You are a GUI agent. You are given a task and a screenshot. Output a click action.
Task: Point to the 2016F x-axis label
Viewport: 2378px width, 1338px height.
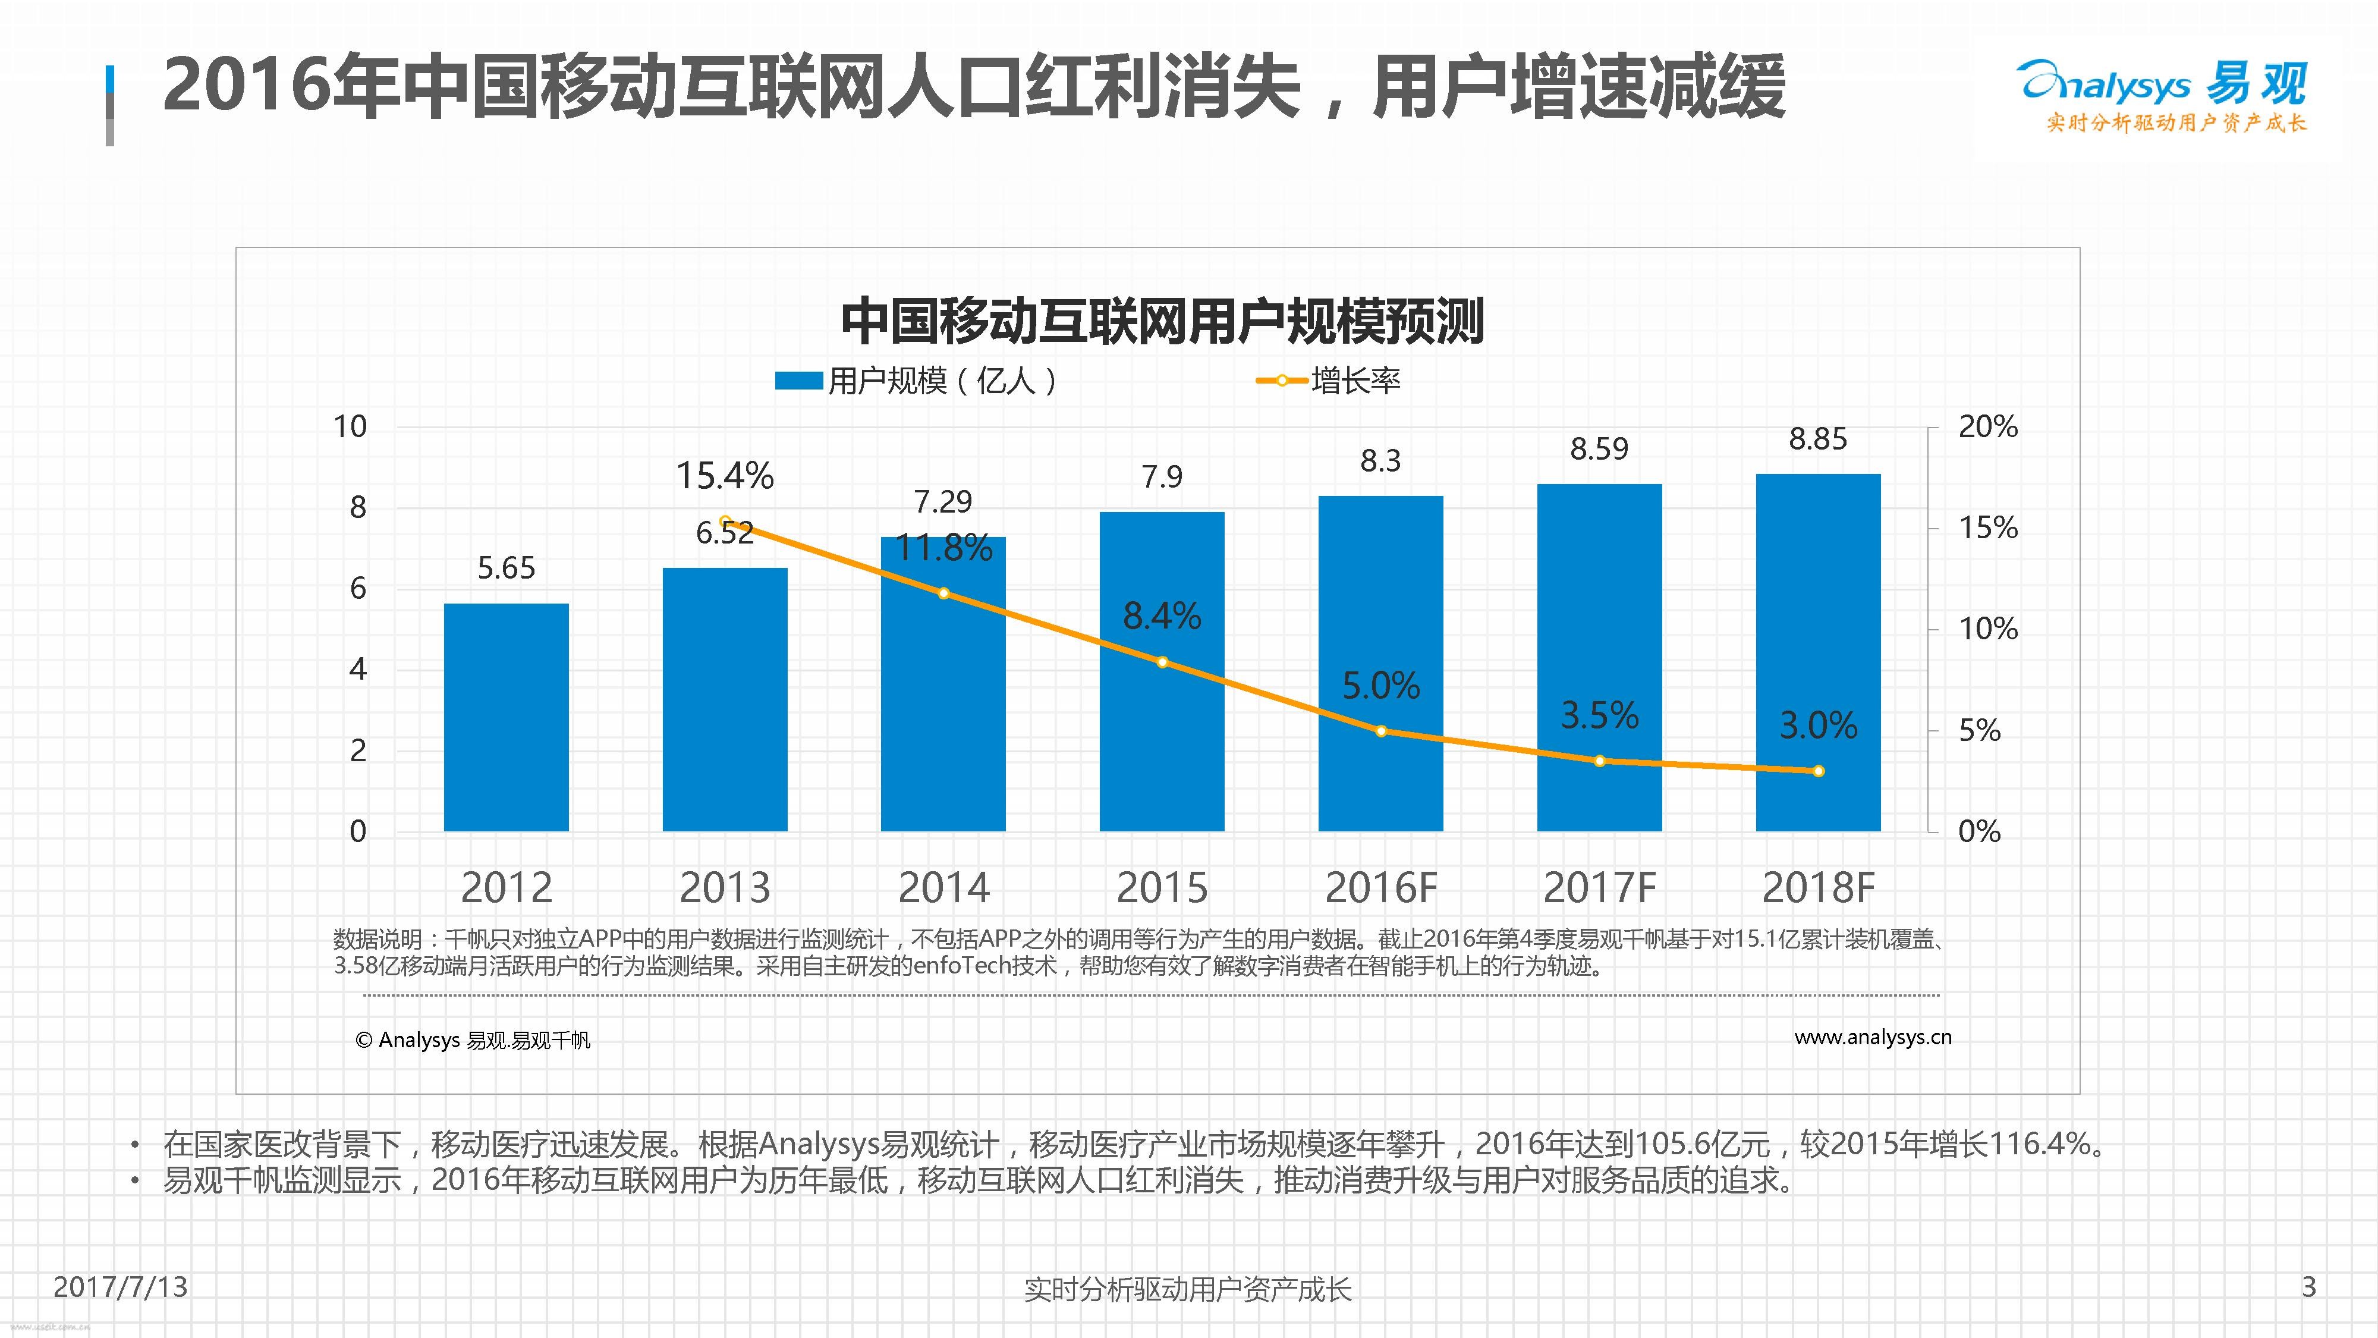[1381, 888]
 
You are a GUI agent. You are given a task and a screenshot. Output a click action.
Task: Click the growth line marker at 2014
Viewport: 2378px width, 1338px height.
[943, 593]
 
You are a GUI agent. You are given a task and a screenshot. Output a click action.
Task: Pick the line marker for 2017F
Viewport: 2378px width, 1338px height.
[1600, 761]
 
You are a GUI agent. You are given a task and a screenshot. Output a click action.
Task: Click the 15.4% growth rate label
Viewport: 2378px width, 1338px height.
[725, 476]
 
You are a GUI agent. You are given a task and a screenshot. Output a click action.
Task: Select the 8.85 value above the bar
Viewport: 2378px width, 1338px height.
[1817, 439]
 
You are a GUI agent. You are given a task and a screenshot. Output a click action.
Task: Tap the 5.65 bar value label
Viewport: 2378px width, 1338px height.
[506, 568]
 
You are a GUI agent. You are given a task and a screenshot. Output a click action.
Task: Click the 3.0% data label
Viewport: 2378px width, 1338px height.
[1817, 725]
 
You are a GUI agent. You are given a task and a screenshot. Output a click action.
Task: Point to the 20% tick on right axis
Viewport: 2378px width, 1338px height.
[1987, 426]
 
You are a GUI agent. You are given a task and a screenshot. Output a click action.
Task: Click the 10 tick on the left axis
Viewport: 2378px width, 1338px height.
[350, 426]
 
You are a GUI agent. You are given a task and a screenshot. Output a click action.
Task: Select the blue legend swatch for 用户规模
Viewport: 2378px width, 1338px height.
[798, 381]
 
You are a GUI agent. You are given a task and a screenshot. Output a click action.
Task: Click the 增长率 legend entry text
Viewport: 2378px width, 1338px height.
[1355, 381]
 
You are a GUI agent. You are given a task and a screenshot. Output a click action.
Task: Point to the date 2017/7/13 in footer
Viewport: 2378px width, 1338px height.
[120, 1286]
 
